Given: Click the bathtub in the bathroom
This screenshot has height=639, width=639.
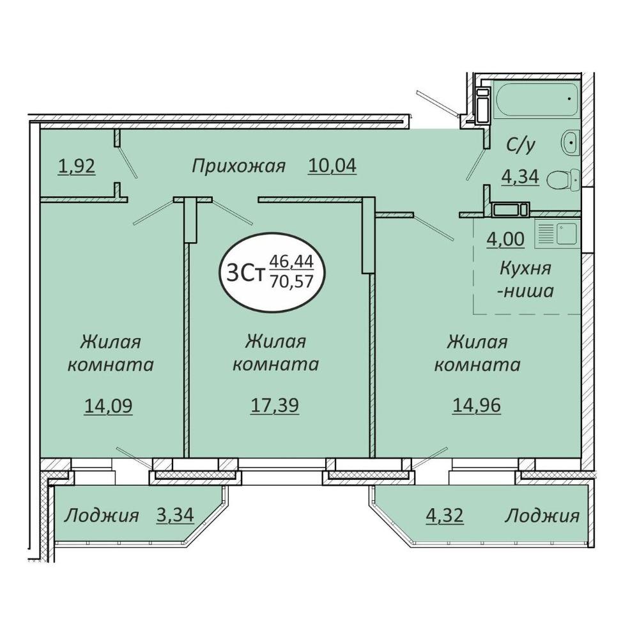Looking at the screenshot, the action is click(536, 99).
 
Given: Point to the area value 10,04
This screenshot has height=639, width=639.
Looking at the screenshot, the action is click(332, 166).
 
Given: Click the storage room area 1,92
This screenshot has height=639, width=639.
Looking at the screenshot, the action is click(77, 166).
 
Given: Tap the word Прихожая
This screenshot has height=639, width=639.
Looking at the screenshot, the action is click(238, 167).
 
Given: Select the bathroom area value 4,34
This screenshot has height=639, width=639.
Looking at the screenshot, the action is click(520, 177).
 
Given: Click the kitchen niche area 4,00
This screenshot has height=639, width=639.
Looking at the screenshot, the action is click(505, 239).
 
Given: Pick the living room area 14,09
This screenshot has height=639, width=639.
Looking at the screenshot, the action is click(109, 406).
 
